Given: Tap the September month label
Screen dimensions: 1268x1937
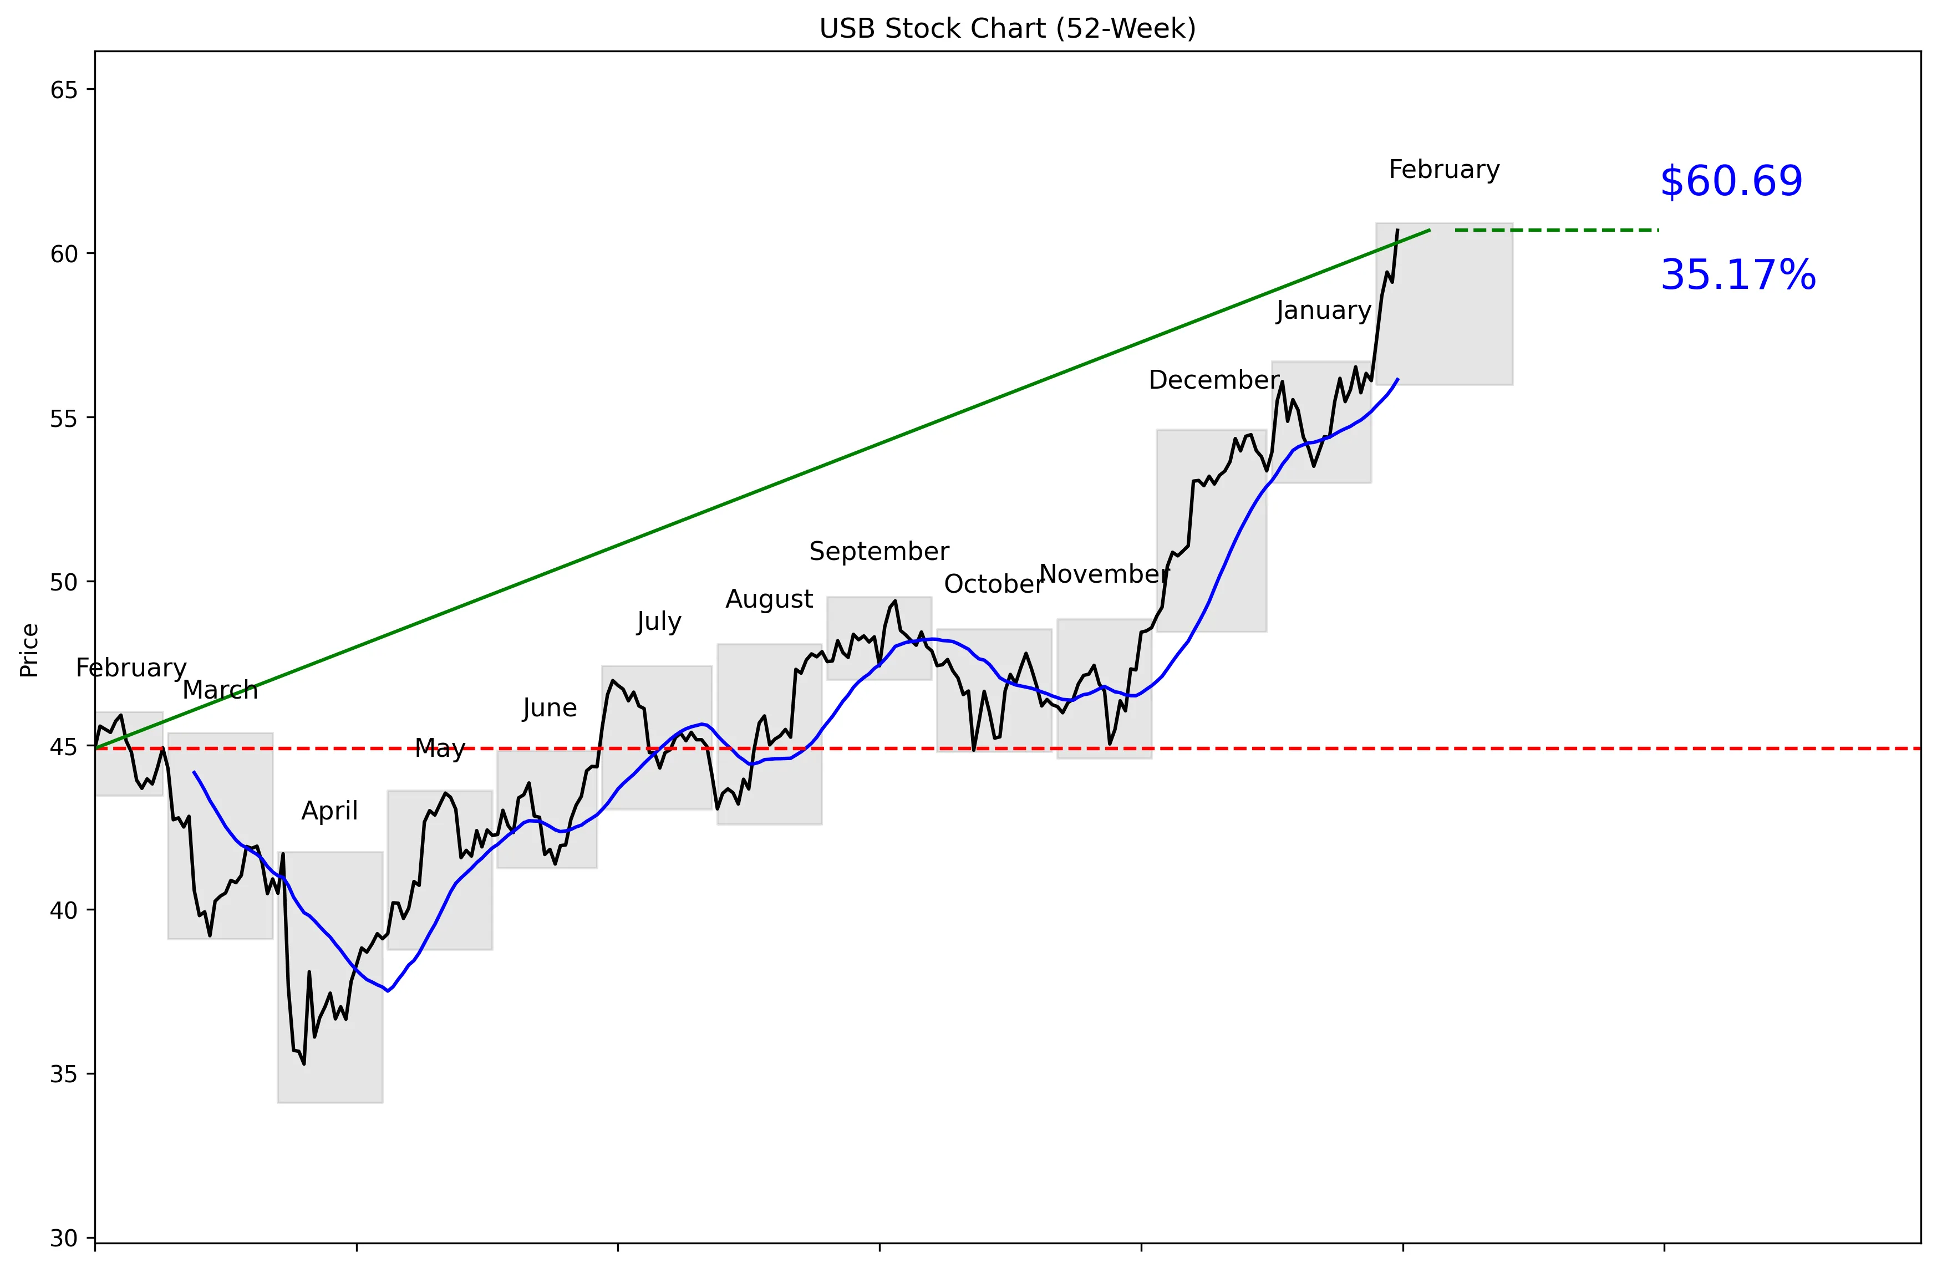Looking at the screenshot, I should click(878, 551).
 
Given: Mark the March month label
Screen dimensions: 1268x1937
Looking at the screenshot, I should click(220, 690).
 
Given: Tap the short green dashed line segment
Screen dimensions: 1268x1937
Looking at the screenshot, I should click(1556, 230).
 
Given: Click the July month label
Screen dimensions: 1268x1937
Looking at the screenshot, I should click(658, 622).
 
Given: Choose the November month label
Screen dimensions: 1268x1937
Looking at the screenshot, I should click(1104, 574).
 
